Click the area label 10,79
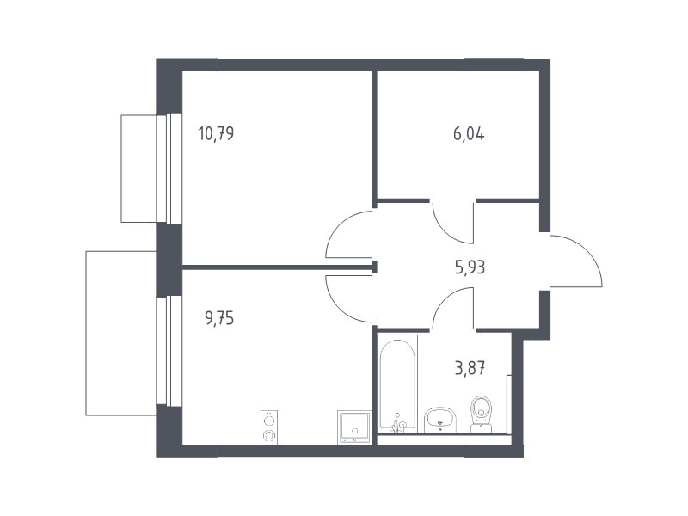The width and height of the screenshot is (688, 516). pos(216,133)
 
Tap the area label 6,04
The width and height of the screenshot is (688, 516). pos(469,133)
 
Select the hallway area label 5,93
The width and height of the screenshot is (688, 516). pos(470,267)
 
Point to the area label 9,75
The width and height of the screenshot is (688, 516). pos(219,318)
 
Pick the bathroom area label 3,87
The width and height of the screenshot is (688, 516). pos(470,368)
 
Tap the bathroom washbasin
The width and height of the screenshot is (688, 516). pos(440,421)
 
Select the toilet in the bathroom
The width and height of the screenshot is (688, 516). pos(482,415)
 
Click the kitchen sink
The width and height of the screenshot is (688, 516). pos(354,427)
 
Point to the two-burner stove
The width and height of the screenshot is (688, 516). pos(269,427)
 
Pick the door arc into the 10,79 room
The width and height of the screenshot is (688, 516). pos(337,224)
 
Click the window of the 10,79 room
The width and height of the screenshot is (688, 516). pos(169,169)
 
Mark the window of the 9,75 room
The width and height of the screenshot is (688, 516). pos(169,351)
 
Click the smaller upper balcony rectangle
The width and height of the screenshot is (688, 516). pos(138,169)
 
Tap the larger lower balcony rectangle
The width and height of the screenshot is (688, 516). pos(121,333)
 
